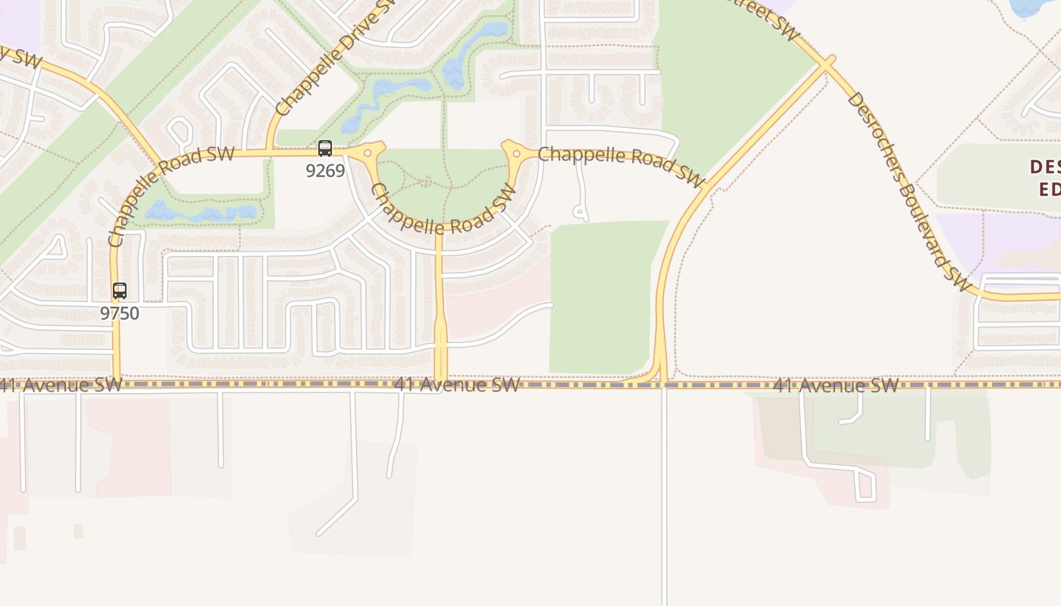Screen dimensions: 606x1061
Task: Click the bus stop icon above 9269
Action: (x=325, y=148)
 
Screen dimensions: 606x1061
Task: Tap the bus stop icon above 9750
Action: (x=120, y=291)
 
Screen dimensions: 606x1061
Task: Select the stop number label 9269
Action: (x=325, y=170)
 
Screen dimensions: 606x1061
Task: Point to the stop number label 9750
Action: (x=120, y=313)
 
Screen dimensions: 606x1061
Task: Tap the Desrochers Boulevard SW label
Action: (x=907, y=191)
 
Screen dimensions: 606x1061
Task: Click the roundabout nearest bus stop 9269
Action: (x=368, y=153)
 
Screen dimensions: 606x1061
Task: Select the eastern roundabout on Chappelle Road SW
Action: (x=516, y=154)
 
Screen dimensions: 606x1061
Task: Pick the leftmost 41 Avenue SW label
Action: (x=61, y=385)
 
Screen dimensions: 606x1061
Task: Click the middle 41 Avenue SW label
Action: (x=456, y=385)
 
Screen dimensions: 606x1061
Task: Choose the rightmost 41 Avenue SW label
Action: (x=835, y=386)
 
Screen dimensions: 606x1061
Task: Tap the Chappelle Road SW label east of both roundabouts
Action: (x=621, y=165)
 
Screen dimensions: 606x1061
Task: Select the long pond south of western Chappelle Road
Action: (x=201, y=212)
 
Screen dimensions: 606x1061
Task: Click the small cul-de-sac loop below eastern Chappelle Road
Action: (x=580, y=211)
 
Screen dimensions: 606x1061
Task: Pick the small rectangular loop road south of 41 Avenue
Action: (x=865, y=486)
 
